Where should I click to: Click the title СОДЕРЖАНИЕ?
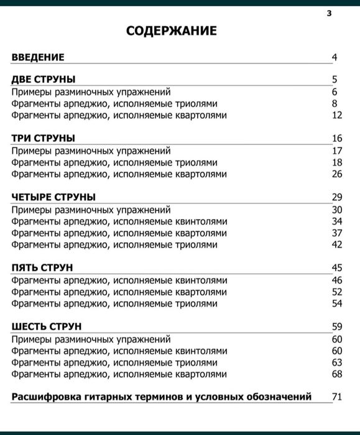click(x=172, y=30)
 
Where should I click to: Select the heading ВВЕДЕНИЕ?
click(x=38, y=58)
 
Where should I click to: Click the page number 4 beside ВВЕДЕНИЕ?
click(x=334, y=58)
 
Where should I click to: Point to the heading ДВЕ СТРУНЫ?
click(x=44, y=79)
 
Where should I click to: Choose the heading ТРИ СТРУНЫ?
click(x=44, y=138)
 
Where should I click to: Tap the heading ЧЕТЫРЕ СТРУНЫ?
click(x=53, y=197)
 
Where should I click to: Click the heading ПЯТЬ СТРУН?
click(x=42, y=268)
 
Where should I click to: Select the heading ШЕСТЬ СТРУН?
click(x=47, y=327)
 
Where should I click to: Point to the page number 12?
click(x=337, y=115)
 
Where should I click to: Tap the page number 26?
click(x=337, y=174)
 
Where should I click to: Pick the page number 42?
click(x=337, y=245)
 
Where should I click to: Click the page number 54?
click(x=337, y=304)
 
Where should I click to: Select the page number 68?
click(x=337, y=374)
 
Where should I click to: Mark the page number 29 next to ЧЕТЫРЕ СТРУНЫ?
click(x=337, y=197)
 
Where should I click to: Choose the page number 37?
click(x=337, y=233)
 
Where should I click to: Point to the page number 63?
click(x=337, y=362)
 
